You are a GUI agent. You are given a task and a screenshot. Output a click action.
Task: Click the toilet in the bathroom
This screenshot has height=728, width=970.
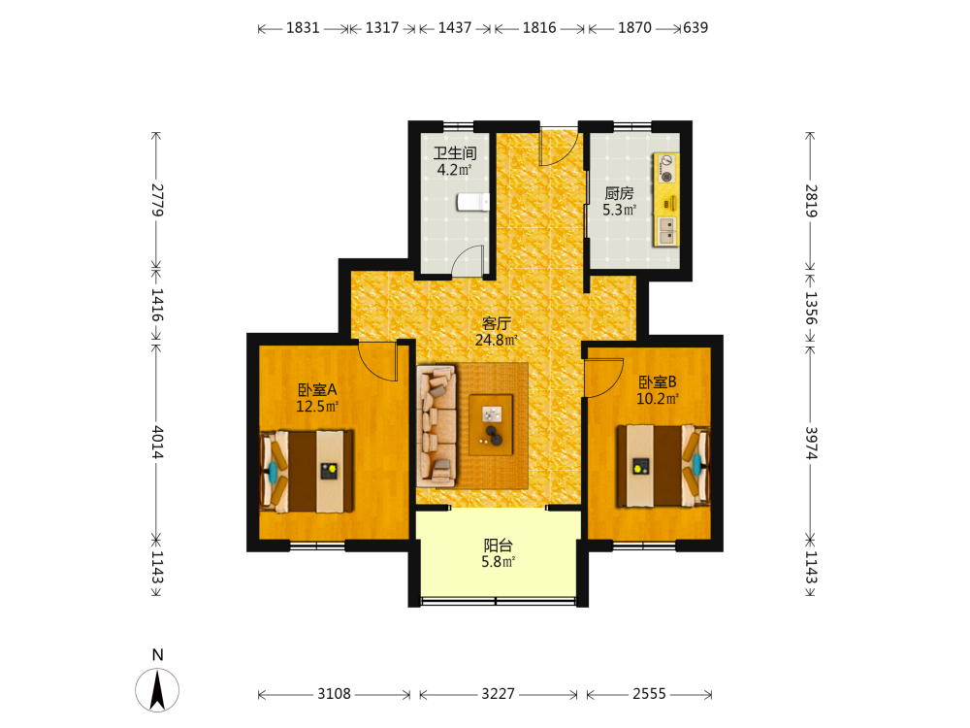[473, 202]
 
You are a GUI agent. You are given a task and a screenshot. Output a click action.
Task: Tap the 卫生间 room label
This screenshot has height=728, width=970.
[455, 153]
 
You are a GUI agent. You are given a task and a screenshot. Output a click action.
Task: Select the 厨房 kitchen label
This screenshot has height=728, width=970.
[619, 193]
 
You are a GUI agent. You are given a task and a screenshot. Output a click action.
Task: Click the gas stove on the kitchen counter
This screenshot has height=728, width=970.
[667, 168]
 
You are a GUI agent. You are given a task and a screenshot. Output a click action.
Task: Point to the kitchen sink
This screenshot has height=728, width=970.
[667, 230]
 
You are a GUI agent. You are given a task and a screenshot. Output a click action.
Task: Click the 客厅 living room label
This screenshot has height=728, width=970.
[497, 323]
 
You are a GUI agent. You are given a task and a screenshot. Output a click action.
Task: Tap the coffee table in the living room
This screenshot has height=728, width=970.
[491, 425]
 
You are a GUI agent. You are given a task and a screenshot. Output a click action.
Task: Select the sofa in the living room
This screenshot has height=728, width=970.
[436, 426]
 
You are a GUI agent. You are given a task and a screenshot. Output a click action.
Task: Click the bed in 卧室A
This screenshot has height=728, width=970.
[307, 471]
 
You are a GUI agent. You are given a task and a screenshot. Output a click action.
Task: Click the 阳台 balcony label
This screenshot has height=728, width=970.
[498, 546]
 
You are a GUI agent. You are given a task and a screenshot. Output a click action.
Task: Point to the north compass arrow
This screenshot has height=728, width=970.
[158, 689]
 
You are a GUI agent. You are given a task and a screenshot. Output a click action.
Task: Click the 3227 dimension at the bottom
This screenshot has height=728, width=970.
[498, 694]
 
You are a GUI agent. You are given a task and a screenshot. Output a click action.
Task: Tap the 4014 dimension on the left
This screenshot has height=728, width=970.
[157, 442]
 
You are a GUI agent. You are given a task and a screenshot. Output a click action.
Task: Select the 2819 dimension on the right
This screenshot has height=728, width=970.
[811, 201]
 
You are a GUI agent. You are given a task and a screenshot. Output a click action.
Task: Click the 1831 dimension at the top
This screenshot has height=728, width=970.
[303, 28]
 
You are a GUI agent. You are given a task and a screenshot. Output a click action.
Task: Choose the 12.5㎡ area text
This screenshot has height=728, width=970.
[317, 406]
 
